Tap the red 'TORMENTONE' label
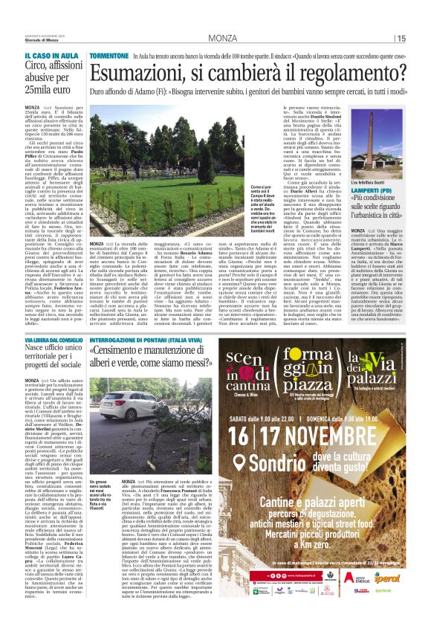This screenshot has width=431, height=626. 109,57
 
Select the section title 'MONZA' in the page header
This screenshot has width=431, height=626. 223,38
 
